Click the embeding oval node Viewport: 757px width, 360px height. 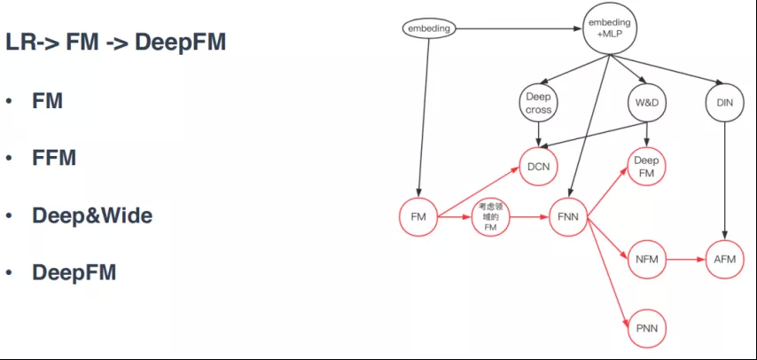point(429,28)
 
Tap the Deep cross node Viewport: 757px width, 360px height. point(538,104)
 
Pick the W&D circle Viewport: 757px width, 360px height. point(647,104)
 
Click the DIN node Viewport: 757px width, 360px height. point(725,104)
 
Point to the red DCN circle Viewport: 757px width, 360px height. point(538,167)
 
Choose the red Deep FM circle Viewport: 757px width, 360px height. point(646,167)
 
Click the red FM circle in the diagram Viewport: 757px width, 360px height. point(418,217)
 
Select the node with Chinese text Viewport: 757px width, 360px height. point(490,217)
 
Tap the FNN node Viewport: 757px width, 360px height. point(568,217)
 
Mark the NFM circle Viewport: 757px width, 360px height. point(647,260)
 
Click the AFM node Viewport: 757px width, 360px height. point(725,260)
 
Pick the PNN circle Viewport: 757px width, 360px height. point(647,329)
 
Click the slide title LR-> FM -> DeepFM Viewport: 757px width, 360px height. point(116,43)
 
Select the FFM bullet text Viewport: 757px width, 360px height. point(54,158)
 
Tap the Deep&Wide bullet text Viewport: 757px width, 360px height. point(92,216)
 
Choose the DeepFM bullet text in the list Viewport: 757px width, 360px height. point(74,272)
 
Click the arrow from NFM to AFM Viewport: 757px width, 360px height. point(686,260)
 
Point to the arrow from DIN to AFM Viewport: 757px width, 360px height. point(725,182)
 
